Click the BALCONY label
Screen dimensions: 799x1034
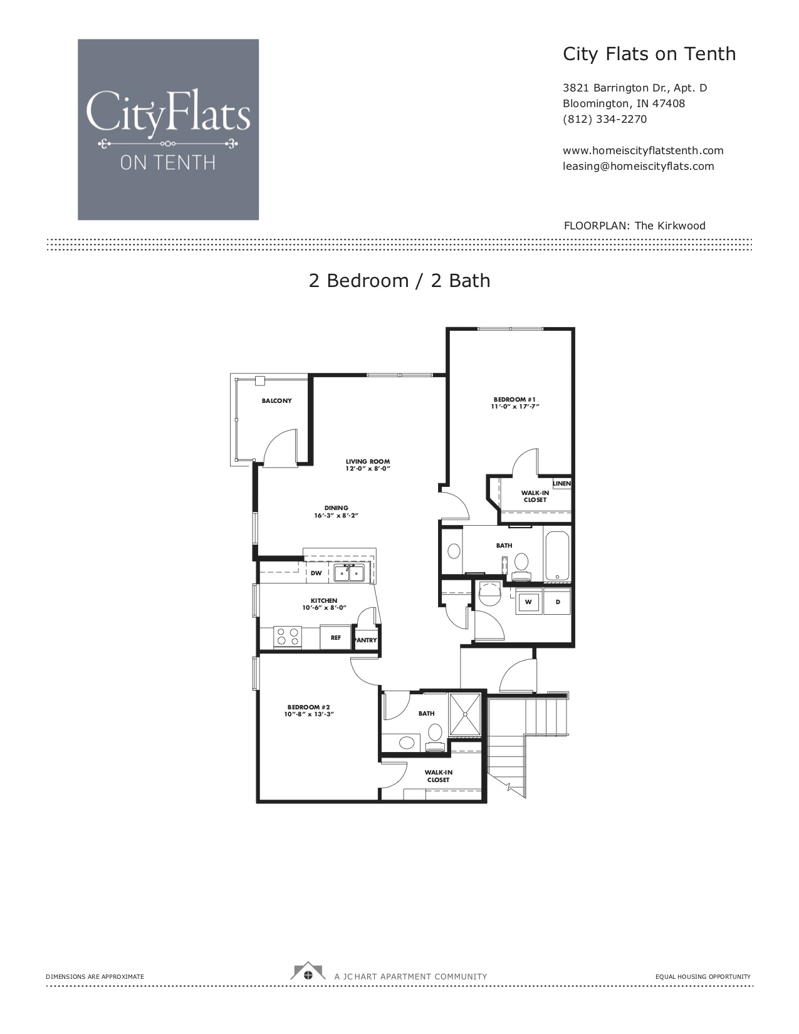[276, 400]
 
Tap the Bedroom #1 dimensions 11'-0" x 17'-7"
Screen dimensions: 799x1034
[515, 407]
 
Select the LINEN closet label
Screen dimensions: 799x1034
[561, 483]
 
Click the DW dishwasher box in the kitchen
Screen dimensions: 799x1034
[316, 573]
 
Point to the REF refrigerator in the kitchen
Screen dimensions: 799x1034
[335, 637]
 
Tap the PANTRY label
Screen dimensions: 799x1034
[366, 640]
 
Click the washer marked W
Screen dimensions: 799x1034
[528, 602]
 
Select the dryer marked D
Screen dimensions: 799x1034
[557, 602]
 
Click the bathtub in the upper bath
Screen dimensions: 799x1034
[556, 555]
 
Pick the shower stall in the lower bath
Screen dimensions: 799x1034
[465, 714]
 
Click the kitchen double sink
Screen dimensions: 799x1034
[349, 573]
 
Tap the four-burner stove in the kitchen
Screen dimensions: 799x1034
[288, 637]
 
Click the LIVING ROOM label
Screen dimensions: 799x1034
[368, 462]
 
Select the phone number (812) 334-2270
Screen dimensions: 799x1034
[605, 120]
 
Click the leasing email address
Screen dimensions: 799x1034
[639, 167]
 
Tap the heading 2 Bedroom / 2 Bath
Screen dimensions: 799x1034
[399, 281]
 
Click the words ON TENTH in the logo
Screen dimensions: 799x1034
[168, 163]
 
